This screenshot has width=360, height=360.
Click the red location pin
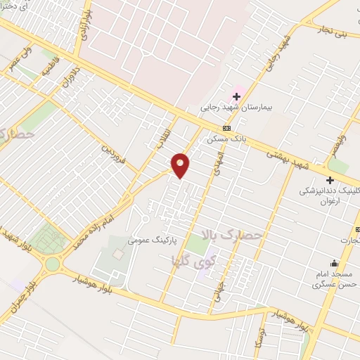coord(181,165)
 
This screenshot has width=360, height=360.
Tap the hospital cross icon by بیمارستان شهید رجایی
coord(236,96)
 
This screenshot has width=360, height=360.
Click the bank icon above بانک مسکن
coord(226,128)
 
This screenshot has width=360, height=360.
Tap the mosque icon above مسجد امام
coord(333,264)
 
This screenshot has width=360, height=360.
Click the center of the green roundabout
coord(53,265)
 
